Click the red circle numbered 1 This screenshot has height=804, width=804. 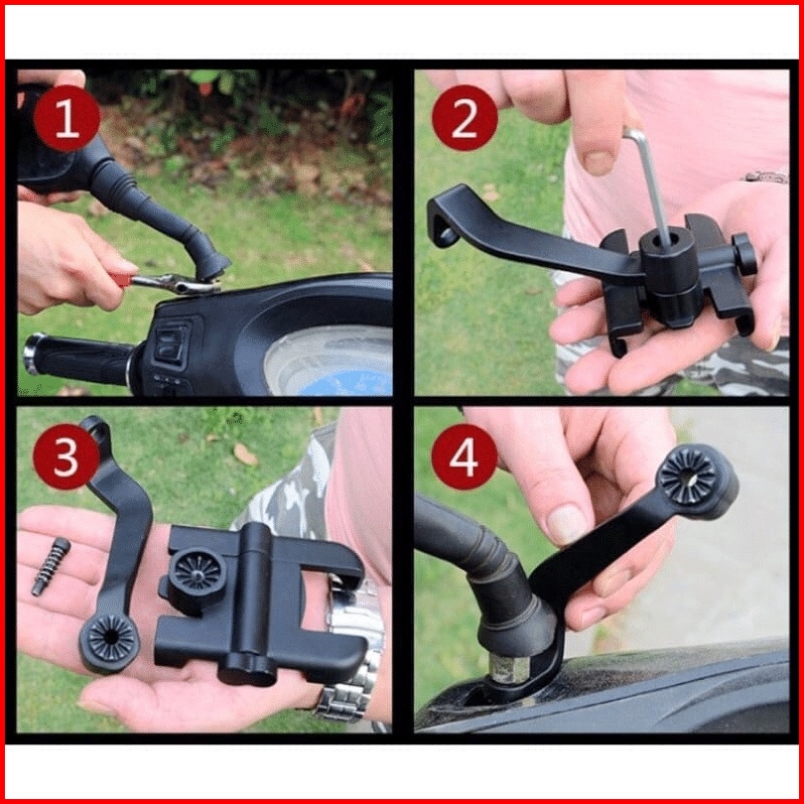67,118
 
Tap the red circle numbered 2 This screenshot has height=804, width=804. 465,118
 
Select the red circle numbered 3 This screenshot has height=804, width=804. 67,457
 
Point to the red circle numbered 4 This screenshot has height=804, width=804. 465,457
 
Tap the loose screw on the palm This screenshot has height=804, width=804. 51,567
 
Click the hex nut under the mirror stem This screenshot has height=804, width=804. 509,668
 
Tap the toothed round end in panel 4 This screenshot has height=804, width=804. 688,476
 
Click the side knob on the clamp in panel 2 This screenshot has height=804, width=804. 744,254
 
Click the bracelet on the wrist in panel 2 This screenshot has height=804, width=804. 766,177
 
